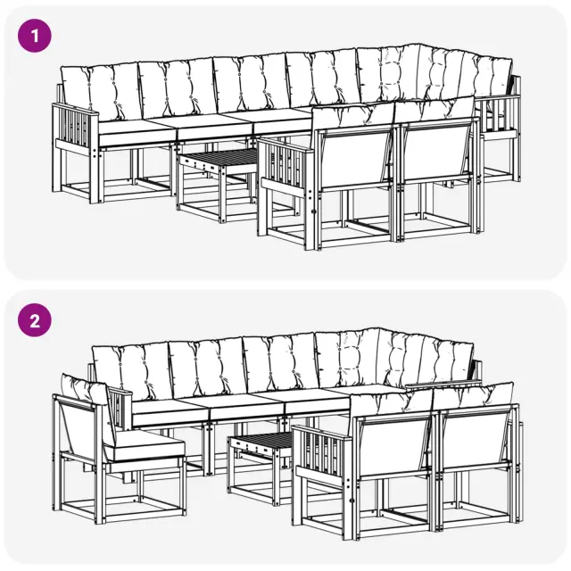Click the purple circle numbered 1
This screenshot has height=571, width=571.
click(35, 36)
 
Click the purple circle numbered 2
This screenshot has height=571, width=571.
click(35, 320)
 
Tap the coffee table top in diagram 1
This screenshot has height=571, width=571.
click(219, 158)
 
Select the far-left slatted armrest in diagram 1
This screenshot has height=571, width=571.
click(75, 126)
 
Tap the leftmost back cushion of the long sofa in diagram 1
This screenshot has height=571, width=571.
click(99, 92)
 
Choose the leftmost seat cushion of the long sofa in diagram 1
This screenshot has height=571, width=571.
click(136, 132)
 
